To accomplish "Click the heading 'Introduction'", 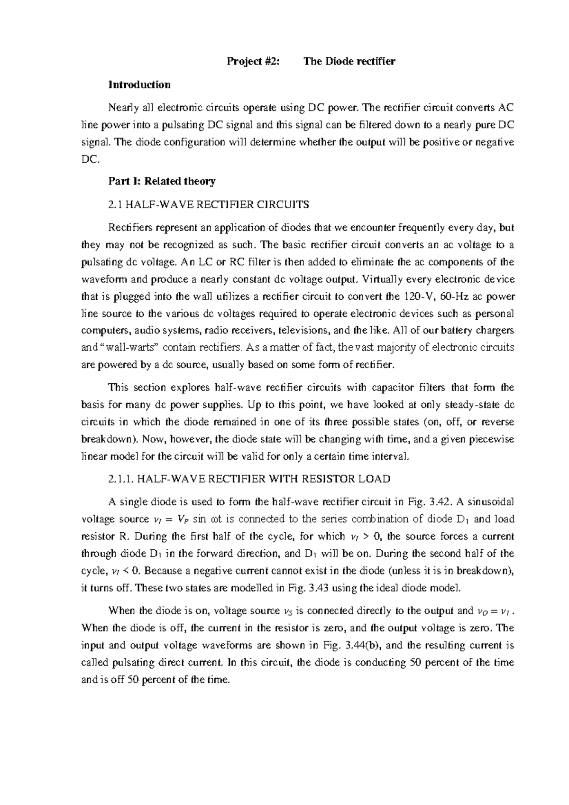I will point(139,85).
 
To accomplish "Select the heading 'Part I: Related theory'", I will point(162,181).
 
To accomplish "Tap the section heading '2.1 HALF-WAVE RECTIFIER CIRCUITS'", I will point(209,205).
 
